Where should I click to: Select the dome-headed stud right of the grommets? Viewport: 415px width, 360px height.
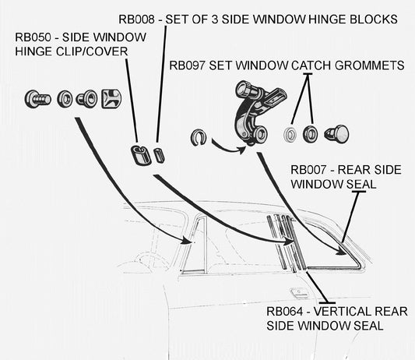tap(340, 132)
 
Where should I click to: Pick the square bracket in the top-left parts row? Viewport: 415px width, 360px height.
tap(111, 97)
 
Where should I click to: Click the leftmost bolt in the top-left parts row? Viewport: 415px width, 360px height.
tap(34, 98)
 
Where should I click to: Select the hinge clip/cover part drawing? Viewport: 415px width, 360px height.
tap(139, 154)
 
